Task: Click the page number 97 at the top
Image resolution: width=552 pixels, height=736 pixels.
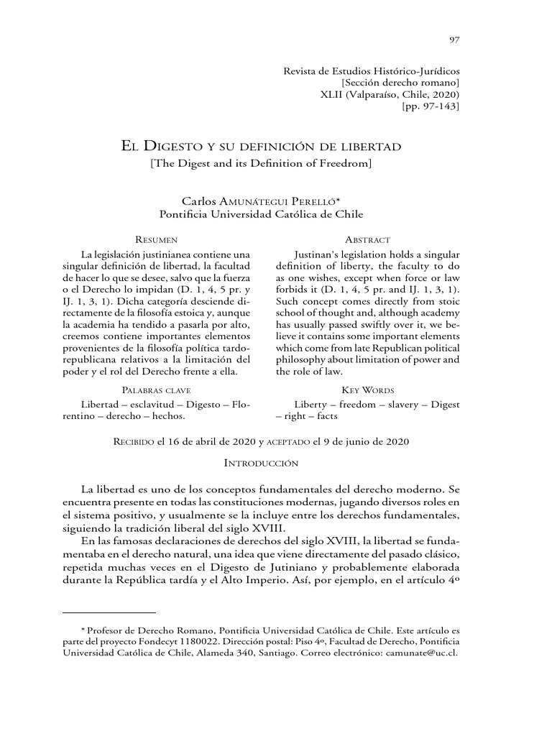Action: pos(454,40)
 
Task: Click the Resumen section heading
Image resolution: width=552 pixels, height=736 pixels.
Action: pos(157,239)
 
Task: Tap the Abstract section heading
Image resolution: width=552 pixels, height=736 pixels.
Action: pos(367,239)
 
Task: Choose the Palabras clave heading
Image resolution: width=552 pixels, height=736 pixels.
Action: pos(157,390)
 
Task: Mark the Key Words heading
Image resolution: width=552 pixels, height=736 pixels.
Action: pos(367,390)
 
